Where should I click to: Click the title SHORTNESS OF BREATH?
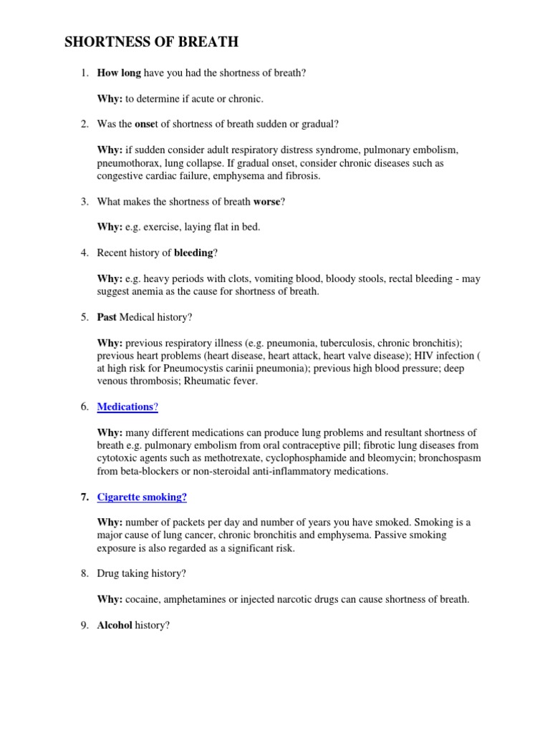152,43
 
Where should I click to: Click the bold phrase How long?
119,73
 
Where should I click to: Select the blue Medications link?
125,407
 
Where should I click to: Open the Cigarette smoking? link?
142,497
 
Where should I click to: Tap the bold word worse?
267,202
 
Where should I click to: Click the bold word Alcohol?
115,625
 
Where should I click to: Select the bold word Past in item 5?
107,316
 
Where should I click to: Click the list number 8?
84,573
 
